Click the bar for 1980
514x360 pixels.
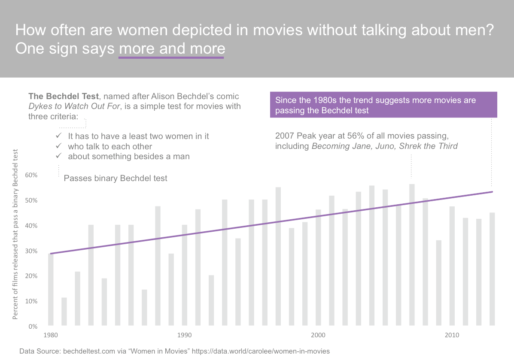[51, 289]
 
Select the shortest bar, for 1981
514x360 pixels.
[64, 311]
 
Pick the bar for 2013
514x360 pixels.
[492, 269]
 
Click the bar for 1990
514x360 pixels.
[184, 275]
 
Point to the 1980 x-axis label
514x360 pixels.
[51, 335]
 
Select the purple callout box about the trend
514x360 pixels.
[383, 105]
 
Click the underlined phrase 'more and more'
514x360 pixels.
[171, 49]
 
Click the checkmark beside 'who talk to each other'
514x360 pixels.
[59, 146]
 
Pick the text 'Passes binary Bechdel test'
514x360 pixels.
[116, 178]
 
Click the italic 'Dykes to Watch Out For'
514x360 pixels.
[73, 106]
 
